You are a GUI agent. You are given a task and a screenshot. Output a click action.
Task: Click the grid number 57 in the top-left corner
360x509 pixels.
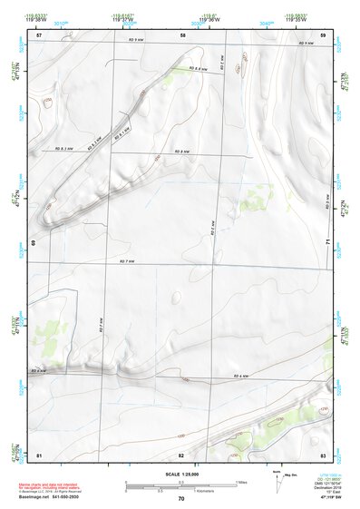(x=39, y=34)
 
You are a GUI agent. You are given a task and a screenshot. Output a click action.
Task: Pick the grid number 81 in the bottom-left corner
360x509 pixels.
(x=39, y=454)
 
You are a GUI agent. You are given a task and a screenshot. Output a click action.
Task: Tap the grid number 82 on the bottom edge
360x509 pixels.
(x=181, y=454)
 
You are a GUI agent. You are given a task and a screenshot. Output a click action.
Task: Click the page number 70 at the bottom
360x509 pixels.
(x=181, y=499)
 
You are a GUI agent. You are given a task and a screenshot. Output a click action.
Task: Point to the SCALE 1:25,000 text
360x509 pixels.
(x=181, y=474)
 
